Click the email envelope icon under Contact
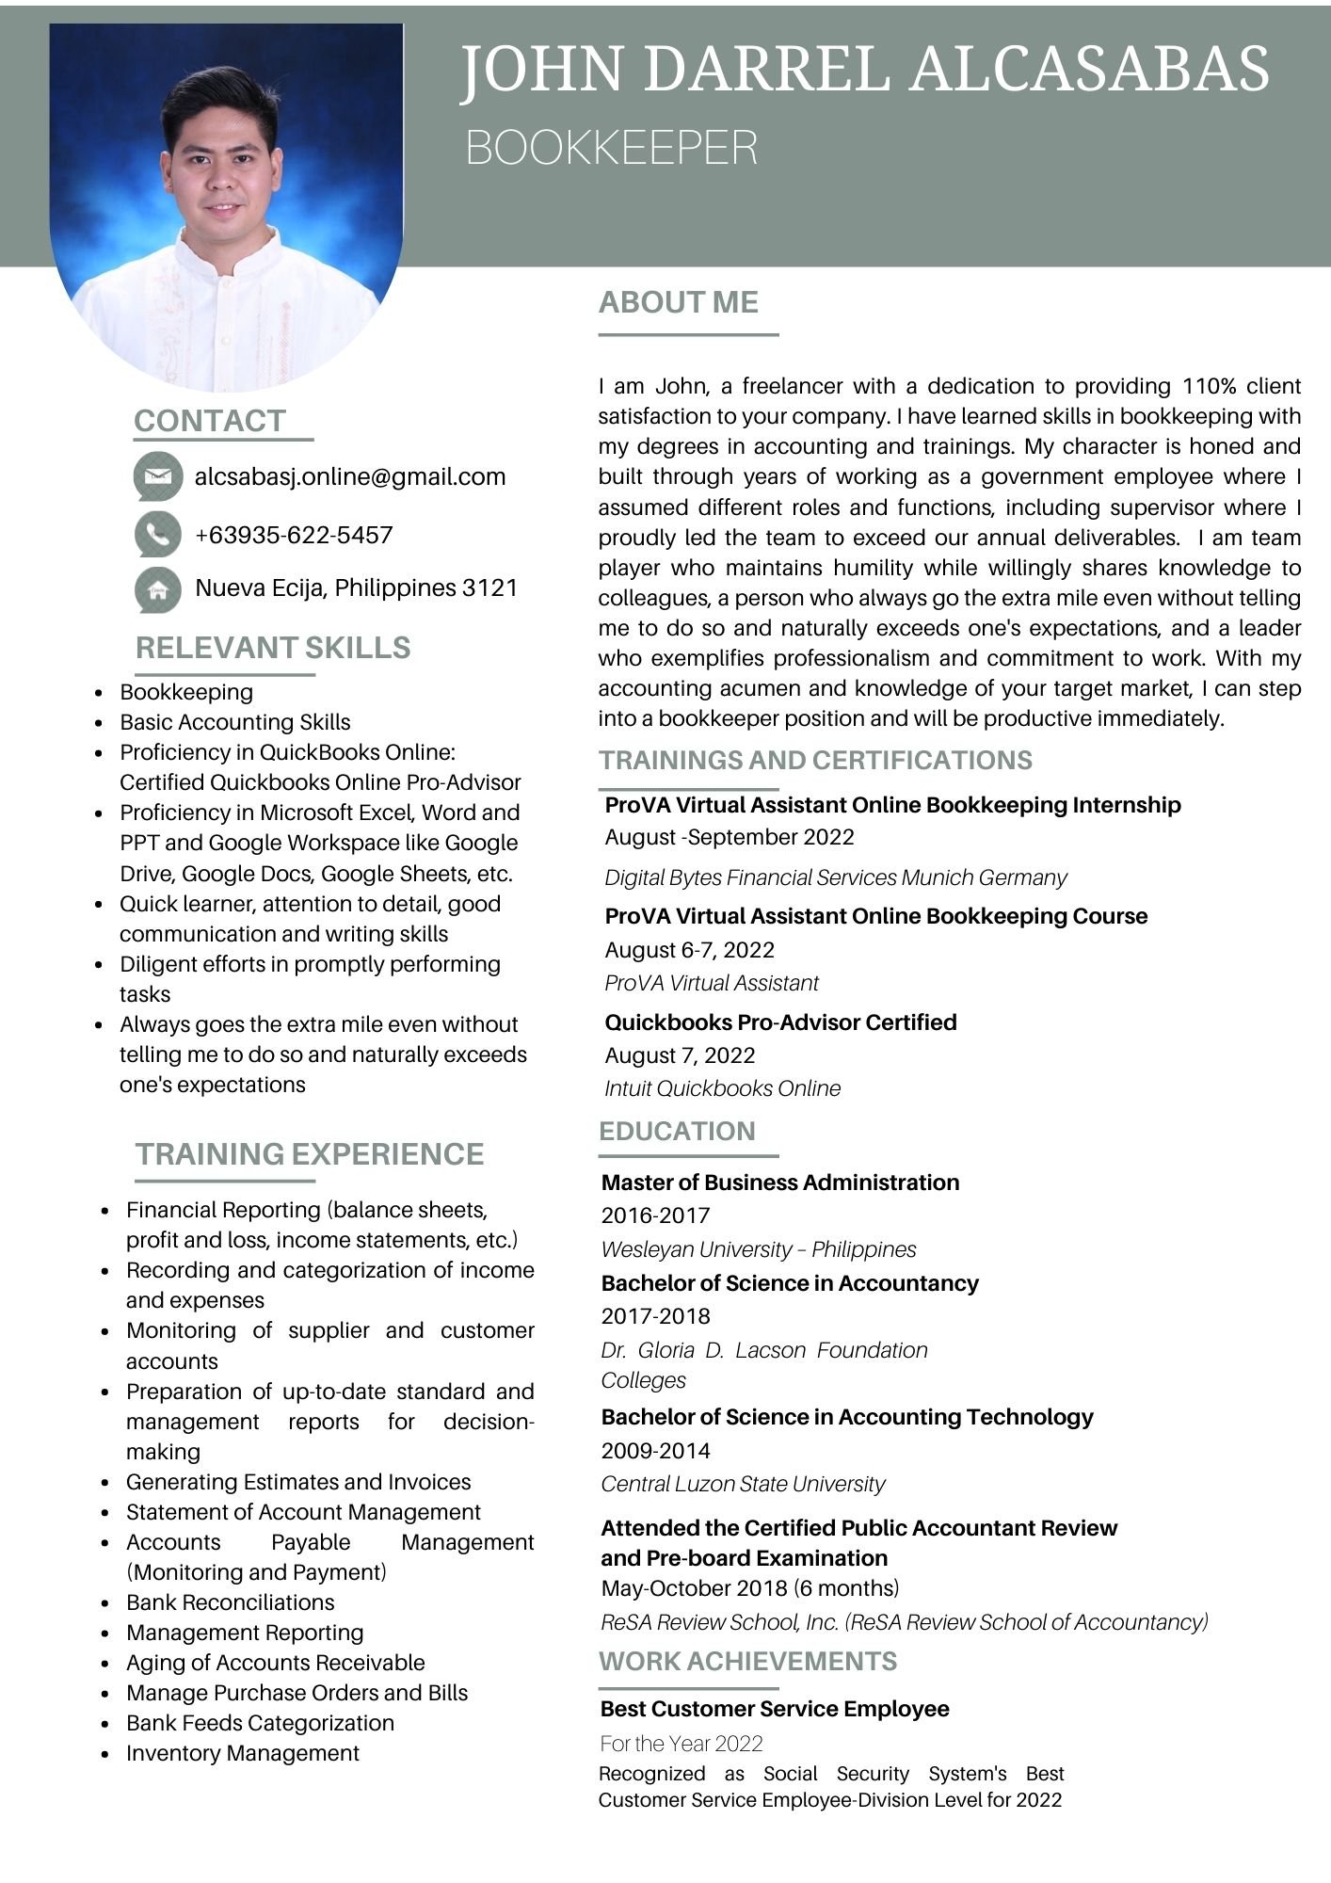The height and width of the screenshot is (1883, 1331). click(x=157, y=476)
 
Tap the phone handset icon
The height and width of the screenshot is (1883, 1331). click(x=157, y=535)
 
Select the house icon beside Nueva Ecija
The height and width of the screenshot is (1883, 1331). click(x=157, y=589)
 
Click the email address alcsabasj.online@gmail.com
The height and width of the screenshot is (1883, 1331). click(x=350, y=477)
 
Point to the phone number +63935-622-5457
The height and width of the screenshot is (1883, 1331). click(x=294, y=536)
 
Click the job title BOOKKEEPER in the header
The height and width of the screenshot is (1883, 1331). click(x=612, y=148)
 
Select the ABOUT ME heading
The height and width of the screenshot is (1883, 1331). click(x=679, y=302)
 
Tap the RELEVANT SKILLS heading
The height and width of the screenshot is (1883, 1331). click(x=273, y=648)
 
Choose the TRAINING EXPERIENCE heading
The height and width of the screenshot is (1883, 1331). click(x=310, y=1154)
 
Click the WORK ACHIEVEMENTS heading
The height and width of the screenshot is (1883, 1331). click(x=748, y=1662)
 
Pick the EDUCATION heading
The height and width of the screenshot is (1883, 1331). click(x=678, y=1132)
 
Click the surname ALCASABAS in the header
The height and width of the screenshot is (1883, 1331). click(x=1090, y=70)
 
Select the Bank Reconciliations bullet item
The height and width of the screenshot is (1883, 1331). click(x=231, y=1602)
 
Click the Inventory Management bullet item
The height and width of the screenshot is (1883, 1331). click(x=243, y=1753)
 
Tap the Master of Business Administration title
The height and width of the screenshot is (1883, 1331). click(x=780, y=1183)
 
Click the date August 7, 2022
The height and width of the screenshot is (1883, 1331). click(x=681, y=1055)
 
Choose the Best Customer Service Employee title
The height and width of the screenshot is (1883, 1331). click(x=775, y=1709)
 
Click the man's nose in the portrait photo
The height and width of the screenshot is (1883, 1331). click(x=222, y=180)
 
